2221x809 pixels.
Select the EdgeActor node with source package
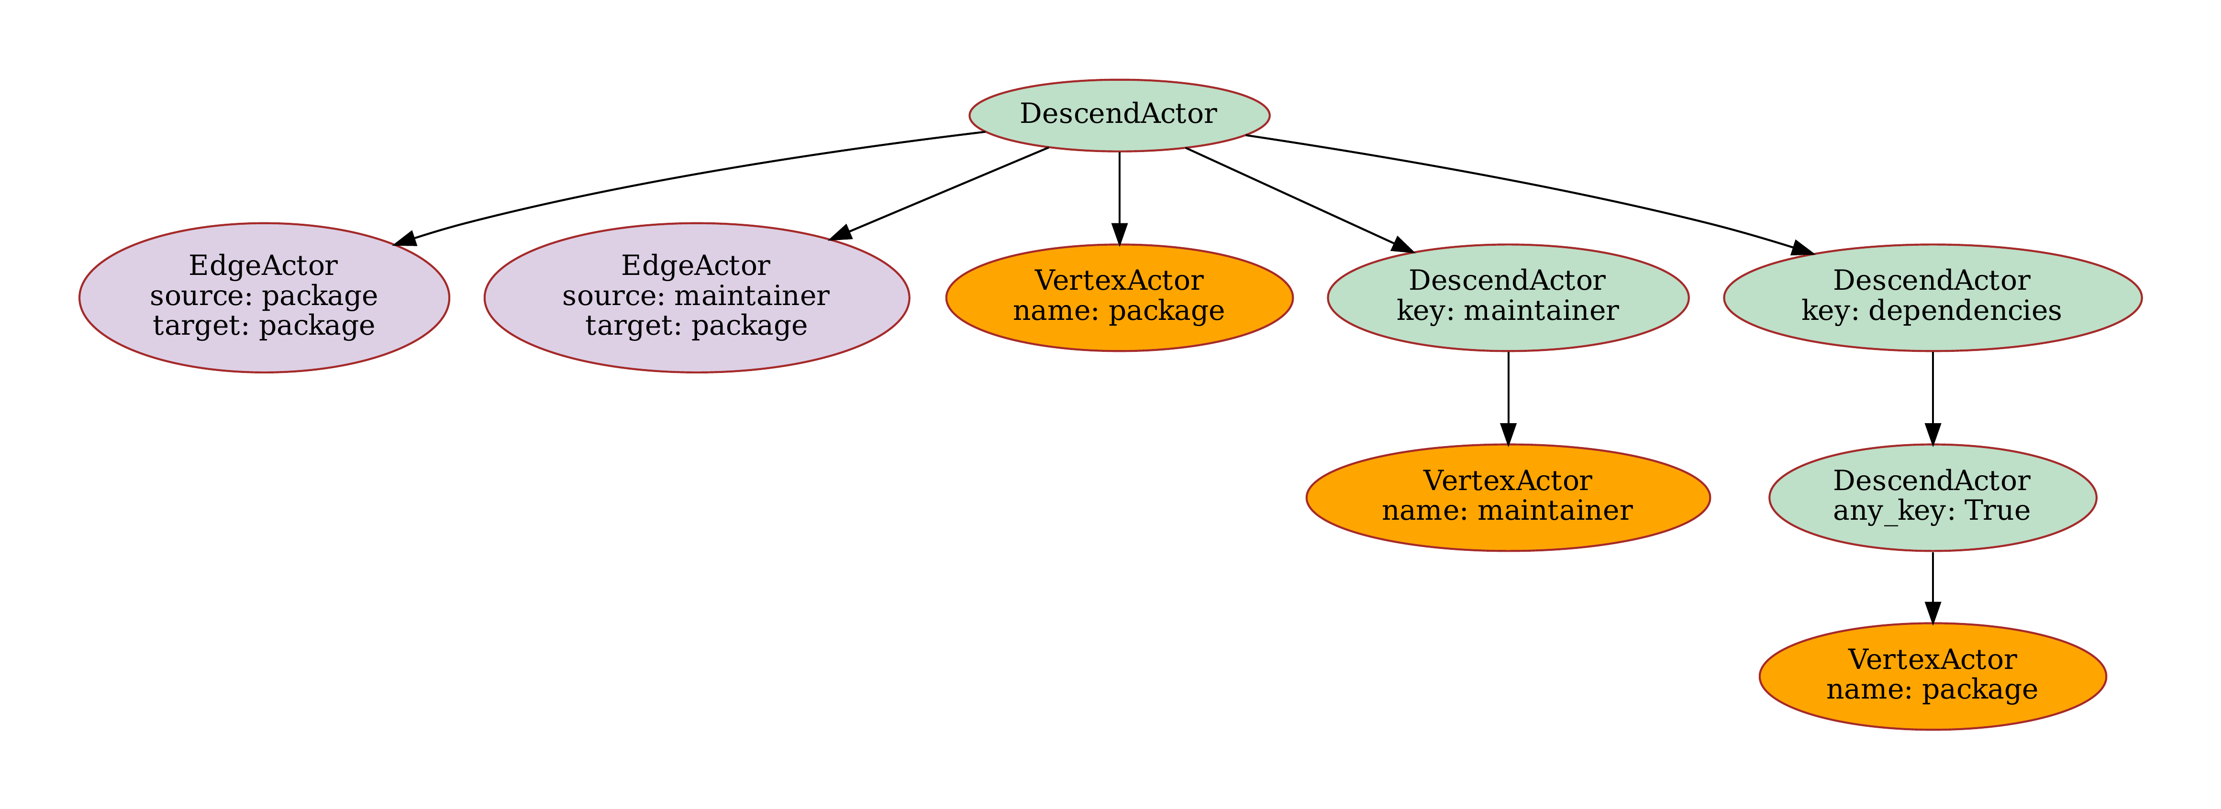click(264, 297)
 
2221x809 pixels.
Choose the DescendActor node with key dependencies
click(1932, 297)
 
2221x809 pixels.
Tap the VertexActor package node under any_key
click(1932, 677)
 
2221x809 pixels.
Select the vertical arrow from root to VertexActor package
click(1119, 198)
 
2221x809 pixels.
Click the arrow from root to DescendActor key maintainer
click(1293, 198)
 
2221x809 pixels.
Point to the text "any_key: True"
click(1932, 511)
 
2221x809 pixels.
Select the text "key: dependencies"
click(1932, 311)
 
